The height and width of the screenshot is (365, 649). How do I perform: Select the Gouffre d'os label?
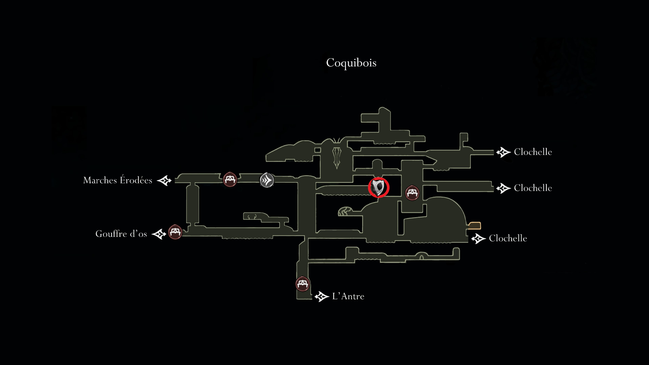[121, 234]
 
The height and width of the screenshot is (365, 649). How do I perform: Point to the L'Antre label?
[348, 296]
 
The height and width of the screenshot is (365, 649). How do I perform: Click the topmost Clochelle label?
[533, 152]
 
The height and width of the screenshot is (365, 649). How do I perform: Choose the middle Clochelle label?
[533, 188]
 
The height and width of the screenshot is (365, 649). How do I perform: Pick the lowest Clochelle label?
[508, 238]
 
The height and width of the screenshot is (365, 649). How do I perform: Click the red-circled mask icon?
[379, 188]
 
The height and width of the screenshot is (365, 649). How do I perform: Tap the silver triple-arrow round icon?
[267, 180]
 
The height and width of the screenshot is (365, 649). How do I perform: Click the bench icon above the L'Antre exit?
[302, 284]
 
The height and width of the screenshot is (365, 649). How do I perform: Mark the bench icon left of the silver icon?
[230, 179]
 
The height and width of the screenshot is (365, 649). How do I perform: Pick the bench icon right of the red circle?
[412, 193]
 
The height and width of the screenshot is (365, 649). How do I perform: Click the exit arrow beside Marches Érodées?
[164, 180]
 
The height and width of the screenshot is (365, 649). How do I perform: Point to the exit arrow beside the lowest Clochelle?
[478, 239]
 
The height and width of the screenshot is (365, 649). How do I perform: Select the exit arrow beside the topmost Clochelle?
[503, 152]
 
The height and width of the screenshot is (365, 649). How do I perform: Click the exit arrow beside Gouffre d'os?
[159, 234]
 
